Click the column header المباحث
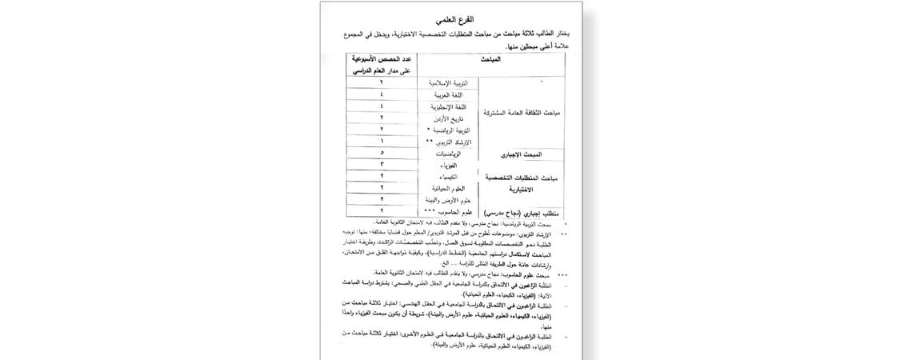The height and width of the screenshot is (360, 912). click(490, 59)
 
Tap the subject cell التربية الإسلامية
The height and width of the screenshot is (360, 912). click(450, 83)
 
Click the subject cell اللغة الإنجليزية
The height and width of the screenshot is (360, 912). click(450, 106)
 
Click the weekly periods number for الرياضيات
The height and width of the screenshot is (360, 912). click(382, 152)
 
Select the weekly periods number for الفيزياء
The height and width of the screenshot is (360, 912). click(382, 164)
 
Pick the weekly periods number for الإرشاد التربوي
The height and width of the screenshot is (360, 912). click(382, 141)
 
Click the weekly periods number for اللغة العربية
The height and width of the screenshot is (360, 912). click(382, 94)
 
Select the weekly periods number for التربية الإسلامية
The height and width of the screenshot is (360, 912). click(382, 83)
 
